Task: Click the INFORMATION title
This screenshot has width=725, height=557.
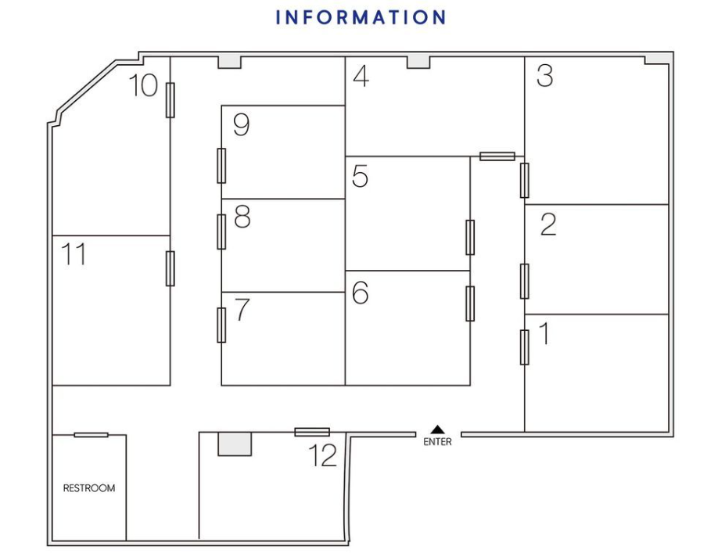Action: [361, 17]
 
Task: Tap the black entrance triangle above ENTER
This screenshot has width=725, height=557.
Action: [437, 429]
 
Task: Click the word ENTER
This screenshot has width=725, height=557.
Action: [437, 442]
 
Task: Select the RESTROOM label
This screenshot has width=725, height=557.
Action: [89, 488]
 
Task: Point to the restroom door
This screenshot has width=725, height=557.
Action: [91, 435]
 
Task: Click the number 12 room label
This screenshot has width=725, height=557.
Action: [323, 455]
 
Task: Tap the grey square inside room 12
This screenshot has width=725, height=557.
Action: [235, 444]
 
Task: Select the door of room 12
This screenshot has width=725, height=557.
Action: [312, 432]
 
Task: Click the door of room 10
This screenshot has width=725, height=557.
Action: [170, 100]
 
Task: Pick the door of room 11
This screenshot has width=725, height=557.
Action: [170, 268]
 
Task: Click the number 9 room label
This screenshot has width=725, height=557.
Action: [242, 125]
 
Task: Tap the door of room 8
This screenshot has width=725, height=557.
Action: [221, 232]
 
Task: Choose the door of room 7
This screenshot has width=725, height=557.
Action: [221, 325]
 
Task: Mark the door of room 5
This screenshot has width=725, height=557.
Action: [470, 237]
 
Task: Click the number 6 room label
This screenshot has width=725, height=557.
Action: [361, 293]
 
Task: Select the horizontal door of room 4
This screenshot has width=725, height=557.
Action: [497, 156]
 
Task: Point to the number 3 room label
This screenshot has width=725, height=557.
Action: [544, 76]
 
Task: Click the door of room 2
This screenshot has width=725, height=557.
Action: [524, 282]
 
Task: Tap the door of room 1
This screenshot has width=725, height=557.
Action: [524, 347]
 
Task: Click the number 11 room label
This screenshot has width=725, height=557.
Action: [74, 254]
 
